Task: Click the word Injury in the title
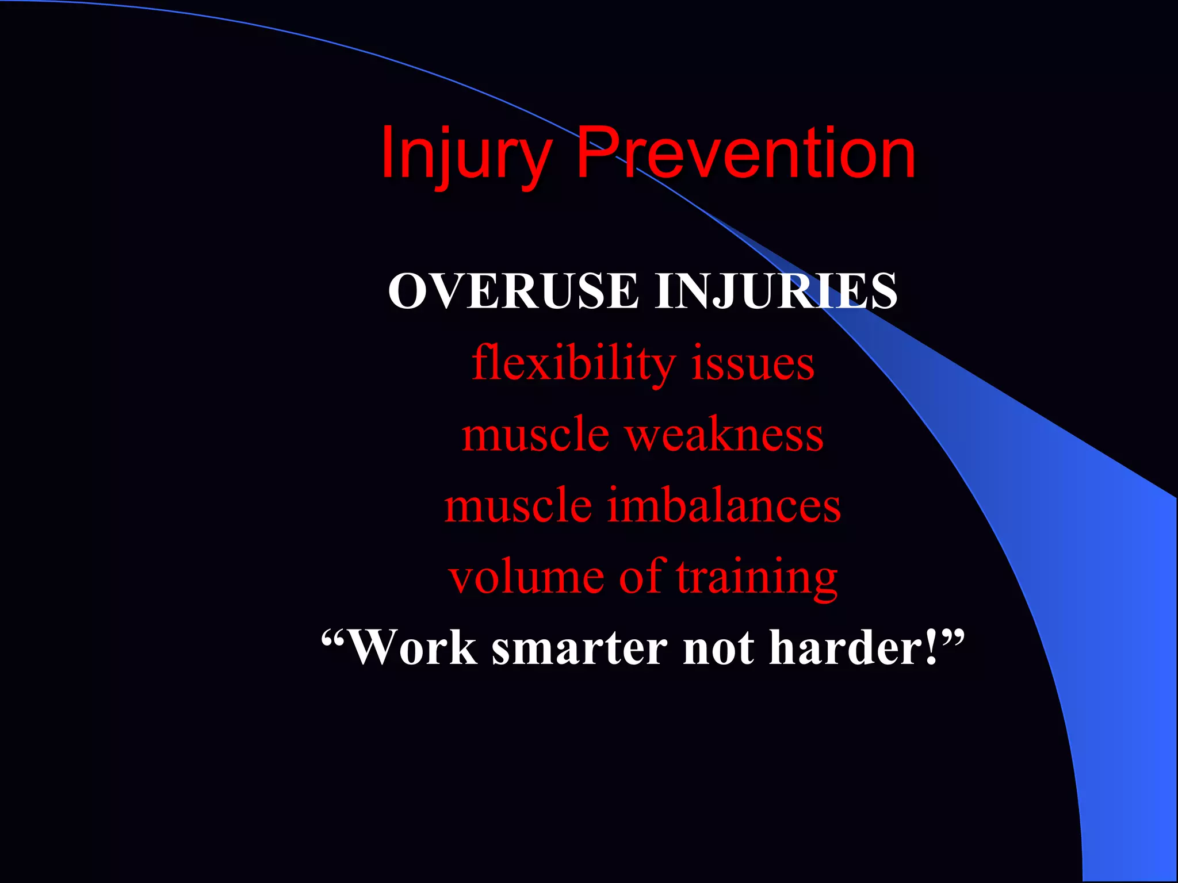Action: (x=466, y=154)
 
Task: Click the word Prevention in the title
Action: (x=745, y=154)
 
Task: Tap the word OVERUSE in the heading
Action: (x=513, y=291)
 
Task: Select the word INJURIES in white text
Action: (x=775, y=291)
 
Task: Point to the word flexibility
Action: (x=573, y=363)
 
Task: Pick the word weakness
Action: (x=725, y=435)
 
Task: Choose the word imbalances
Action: (x=724, y=505)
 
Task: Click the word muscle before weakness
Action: (x=535, y=435)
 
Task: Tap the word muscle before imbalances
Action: (x=518, y=505)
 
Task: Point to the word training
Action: (x=757, y=578)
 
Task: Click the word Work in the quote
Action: (x=413, y=648)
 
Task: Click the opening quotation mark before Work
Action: (x=334, y=636)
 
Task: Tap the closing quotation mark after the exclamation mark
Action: (x=953, y=636)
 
